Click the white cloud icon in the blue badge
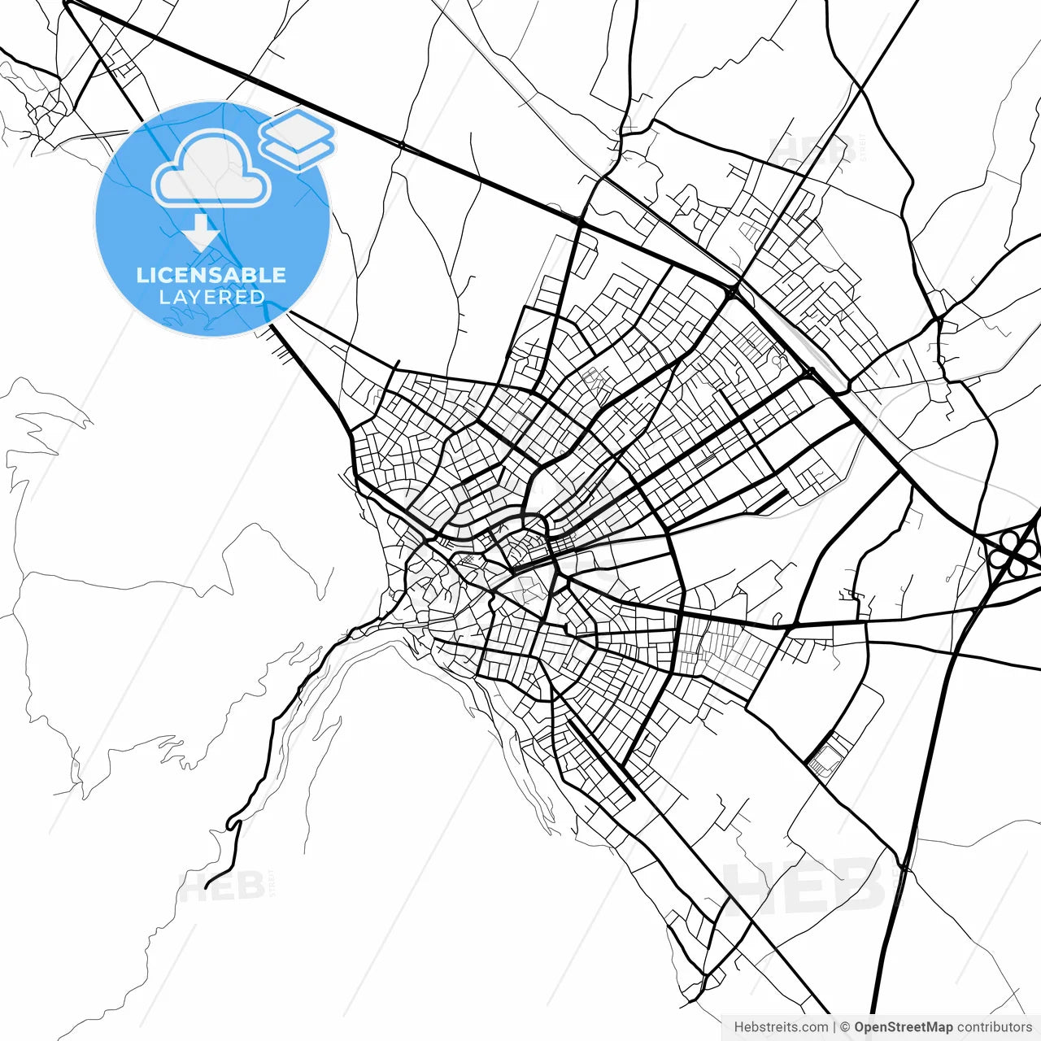211,169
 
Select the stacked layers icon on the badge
298,138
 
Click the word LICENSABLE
211,275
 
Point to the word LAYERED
211,298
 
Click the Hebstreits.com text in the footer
781,1027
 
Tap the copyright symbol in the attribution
845,1027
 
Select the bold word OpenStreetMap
903,1027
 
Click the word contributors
994,1027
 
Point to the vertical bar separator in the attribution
834,1027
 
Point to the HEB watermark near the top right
810,151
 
